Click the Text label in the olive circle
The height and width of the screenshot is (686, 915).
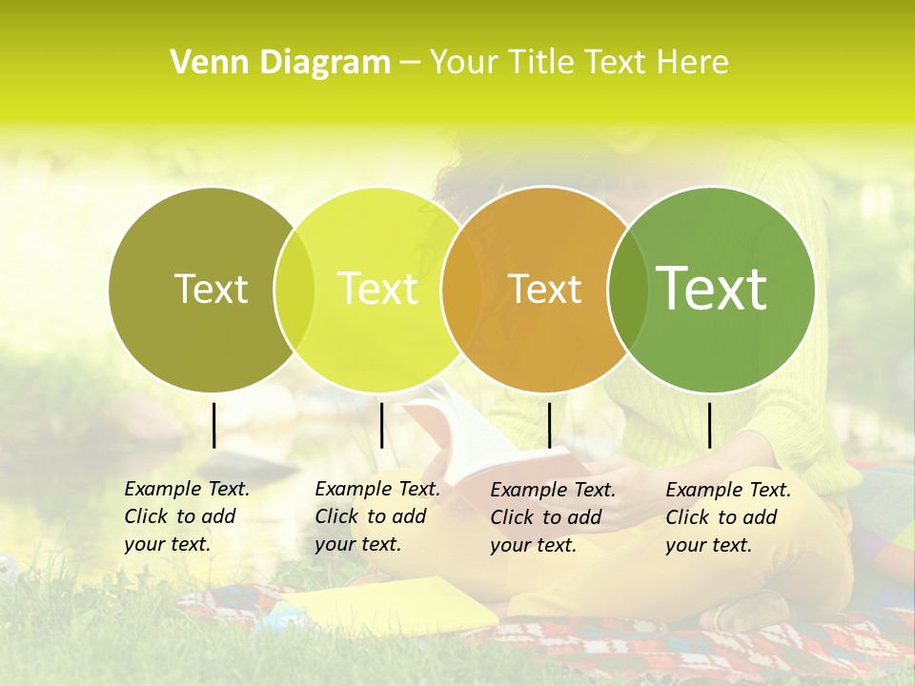click(x=211, y=289)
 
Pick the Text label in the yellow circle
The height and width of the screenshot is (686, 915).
click(x=377, y=289)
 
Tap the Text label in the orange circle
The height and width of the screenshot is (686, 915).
click(x=544, y=289)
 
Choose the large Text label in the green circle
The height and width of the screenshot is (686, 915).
click(x=711, y=288)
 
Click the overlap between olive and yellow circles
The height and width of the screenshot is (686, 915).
click(x=295, y=289)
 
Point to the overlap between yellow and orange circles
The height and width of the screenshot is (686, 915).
click(x=461, y=289)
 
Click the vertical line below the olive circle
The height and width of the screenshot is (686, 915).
click(x=214, y=425)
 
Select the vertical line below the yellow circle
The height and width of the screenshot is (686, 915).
click(x=381, y=425)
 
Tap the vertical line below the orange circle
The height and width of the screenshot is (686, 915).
click(x=549, y=425)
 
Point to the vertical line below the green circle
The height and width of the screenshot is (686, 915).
click(x=709, y=425)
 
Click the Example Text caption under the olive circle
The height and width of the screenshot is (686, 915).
click(x=186, y=516)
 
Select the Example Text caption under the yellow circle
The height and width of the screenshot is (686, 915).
click(x=376, y=516)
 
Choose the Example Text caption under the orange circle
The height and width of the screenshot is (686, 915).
click(x=552, y=517)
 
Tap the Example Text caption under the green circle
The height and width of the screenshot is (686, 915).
click(x=727, y=517)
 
